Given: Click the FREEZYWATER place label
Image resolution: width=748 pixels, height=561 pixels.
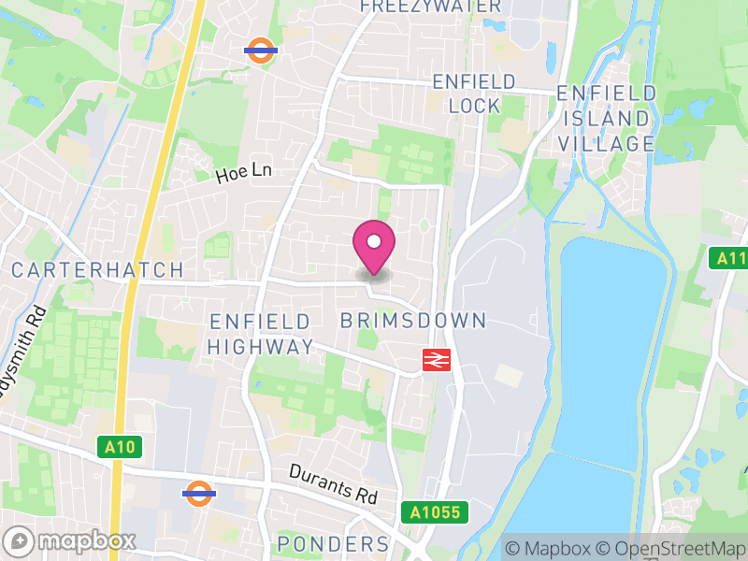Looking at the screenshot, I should [431, 6].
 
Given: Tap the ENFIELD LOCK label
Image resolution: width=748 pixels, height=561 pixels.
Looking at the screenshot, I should [474, 93].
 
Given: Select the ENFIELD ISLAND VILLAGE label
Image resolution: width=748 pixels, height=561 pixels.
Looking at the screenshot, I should [607, 119].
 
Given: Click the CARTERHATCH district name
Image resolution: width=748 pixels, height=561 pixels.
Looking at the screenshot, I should [98, 270].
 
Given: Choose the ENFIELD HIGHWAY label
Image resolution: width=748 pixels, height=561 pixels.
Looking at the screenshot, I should [260, 334].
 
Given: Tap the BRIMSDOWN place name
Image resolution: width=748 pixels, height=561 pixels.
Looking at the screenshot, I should [413, 321].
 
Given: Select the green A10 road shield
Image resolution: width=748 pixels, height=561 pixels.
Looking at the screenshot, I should [121, 448].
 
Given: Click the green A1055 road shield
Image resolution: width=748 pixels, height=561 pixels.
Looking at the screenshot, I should [435, 512].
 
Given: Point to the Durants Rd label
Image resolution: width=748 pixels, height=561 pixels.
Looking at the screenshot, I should [332, 484].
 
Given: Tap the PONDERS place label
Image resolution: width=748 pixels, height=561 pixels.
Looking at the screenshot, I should [333, 544].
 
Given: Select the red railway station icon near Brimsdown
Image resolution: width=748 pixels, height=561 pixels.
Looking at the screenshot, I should [437, 359].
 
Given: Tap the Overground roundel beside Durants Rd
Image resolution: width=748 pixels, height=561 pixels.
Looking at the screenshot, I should [198, 493].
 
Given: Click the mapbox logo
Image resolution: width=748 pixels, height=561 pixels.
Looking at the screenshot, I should [71, 540].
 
